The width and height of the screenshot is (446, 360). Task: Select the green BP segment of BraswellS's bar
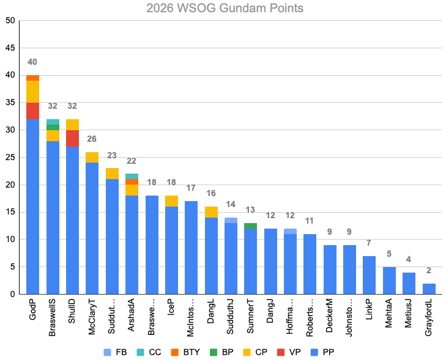click(53, 127)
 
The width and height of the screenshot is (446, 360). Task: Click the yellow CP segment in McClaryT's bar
click(92, 157)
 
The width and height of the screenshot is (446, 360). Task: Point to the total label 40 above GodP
click(32, 62)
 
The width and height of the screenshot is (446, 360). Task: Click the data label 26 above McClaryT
click(92, 139)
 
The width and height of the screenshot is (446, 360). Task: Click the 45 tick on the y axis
click(10, 48)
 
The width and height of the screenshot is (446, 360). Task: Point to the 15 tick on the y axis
click(10, 212)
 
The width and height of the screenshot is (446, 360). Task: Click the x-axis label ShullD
click(73, 315)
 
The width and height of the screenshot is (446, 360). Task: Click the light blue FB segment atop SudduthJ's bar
click(231, 220)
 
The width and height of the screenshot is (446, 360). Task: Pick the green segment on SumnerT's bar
click(251, 226)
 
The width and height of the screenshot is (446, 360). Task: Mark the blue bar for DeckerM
click(330, 270)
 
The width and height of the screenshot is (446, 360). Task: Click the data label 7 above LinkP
click(370, 243)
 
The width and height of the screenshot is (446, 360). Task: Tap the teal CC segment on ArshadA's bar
click(132, 176)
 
